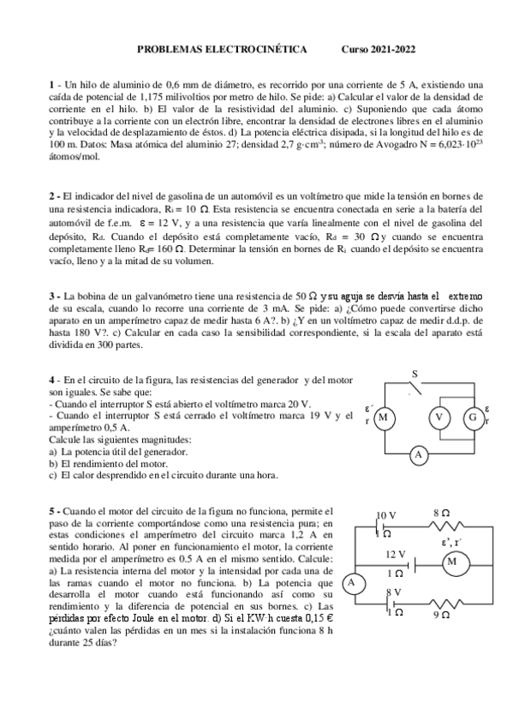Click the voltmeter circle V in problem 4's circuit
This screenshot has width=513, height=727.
click(439, 418)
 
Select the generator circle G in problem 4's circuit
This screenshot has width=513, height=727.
click(472, 418)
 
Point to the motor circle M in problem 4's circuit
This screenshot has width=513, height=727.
click(384, 418)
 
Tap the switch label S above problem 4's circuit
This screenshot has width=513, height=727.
click(415, 375)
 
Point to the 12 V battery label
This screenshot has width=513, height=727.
click(396, 554)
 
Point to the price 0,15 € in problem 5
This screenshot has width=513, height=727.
click(314, 617)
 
